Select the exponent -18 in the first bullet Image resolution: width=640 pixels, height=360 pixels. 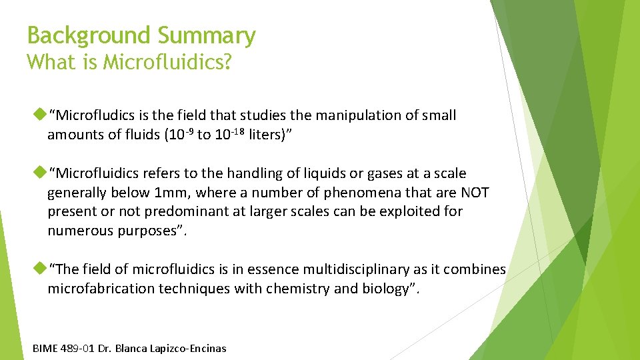click(x=239, y=131)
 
